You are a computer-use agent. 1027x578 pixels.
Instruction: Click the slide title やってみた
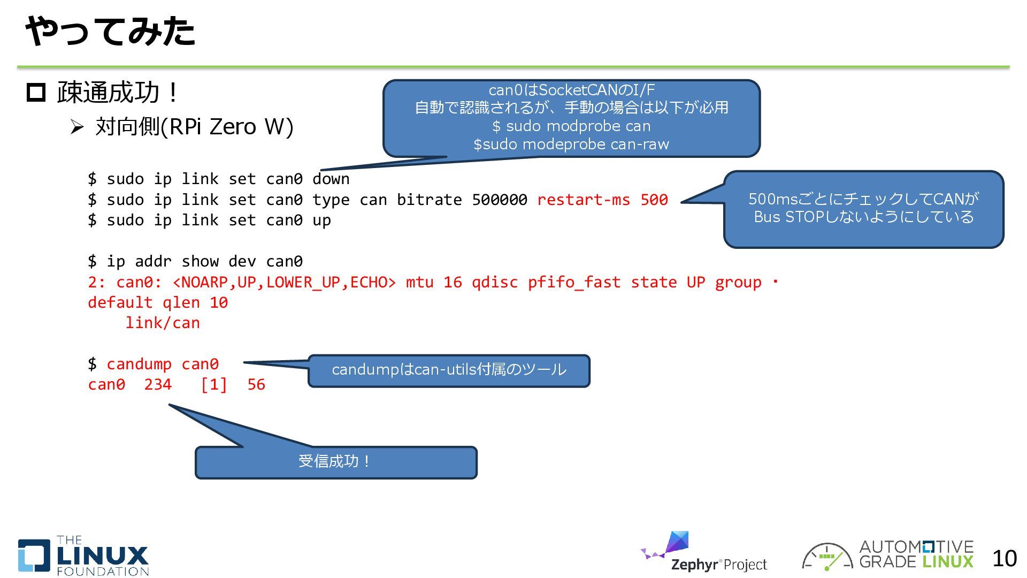(110, 31)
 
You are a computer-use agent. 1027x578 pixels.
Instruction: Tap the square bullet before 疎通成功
(36, 93)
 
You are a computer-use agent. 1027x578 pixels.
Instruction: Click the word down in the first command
(331, 179)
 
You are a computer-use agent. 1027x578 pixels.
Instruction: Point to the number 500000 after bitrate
(499, 200)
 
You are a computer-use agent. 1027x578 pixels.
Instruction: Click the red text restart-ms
(583, 200)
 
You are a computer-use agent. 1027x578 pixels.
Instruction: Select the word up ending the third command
(321, 220)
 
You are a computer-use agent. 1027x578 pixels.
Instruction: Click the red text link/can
(162, 323)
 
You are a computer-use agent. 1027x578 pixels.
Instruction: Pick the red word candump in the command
(139, 364)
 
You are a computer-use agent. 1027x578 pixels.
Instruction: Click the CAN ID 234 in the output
(158, 384)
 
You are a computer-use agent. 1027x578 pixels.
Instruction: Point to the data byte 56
(256, 384)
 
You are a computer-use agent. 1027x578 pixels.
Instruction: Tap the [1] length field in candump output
(214, 384)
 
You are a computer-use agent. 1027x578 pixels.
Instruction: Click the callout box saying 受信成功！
(335, 462)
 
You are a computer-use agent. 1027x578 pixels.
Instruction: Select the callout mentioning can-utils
(449, 370)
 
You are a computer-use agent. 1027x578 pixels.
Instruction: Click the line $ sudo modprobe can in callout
(571, 126)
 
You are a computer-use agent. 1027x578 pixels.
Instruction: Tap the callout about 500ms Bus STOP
(863, 209)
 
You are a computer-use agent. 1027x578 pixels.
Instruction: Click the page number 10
(1004, 559)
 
